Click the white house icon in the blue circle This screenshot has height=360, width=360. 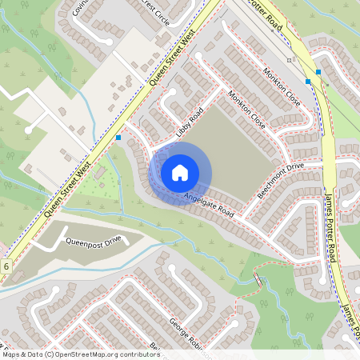click(180, 173)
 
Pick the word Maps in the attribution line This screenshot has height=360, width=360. click(12, 354)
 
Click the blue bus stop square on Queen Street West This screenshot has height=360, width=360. click(118, 138)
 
